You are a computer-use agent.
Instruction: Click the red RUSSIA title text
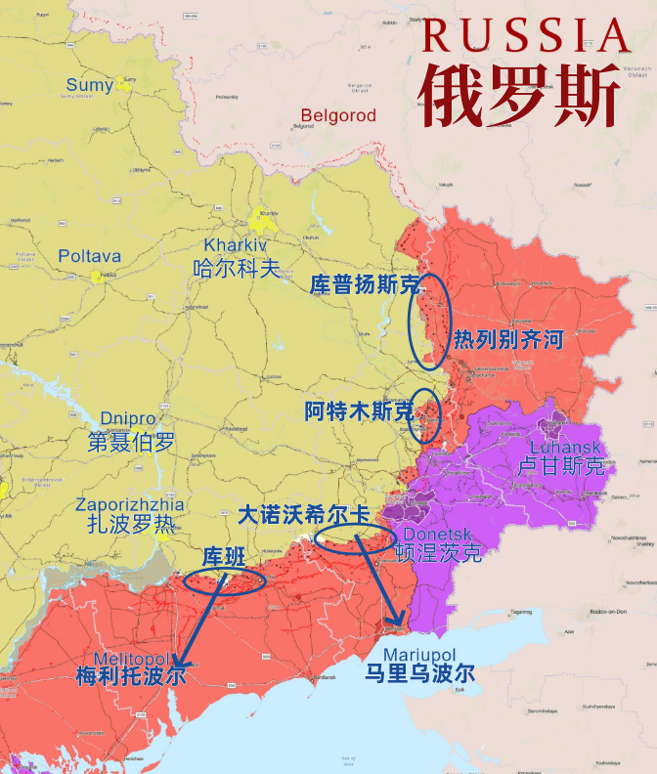coord(526,35)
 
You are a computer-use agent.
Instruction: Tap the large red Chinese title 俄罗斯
coord(520,96)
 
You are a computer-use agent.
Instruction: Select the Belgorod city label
coord(337,115)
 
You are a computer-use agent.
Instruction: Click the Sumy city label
coord(90,85)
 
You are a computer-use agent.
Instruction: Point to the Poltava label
coord(90,256)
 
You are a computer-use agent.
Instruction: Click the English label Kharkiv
coord(235,245)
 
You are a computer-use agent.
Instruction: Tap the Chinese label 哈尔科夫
coord(237,269)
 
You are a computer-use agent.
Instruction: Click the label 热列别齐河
coord(508,340)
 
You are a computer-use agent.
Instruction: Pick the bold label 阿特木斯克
coord(358,411)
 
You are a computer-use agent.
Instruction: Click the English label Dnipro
coord(128,417)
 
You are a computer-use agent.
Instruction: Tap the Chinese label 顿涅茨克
coord(437,554)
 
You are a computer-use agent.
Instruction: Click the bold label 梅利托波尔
coord(130,676)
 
